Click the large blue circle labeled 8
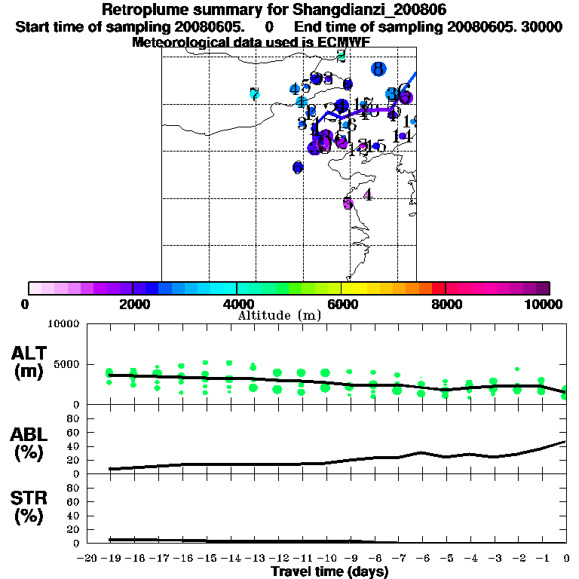tap(378, 69)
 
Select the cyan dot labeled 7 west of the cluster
tap(255, 94)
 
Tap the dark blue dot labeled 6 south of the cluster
tap(298, 167)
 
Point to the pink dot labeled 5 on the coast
tap(348, 203)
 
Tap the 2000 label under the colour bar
tap(133, 304)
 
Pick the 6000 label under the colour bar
tap(342, 304)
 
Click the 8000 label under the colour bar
tap(446, 304)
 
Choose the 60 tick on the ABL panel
tap(75, 432)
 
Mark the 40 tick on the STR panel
tap(75, 516)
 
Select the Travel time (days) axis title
tap(329, 571)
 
